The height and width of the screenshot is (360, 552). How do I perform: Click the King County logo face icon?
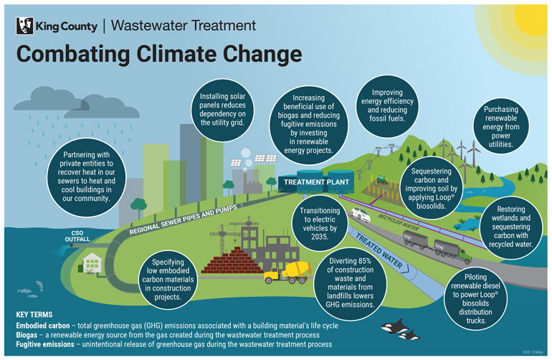pyautogui.click(x=25, y=27)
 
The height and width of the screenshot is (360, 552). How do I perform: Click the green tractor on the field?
pyautogui.click(x=382, y=180)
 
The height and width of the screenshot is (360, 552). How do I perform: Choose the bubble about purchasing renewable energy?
pyautogui.click(x=506, y=128)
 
